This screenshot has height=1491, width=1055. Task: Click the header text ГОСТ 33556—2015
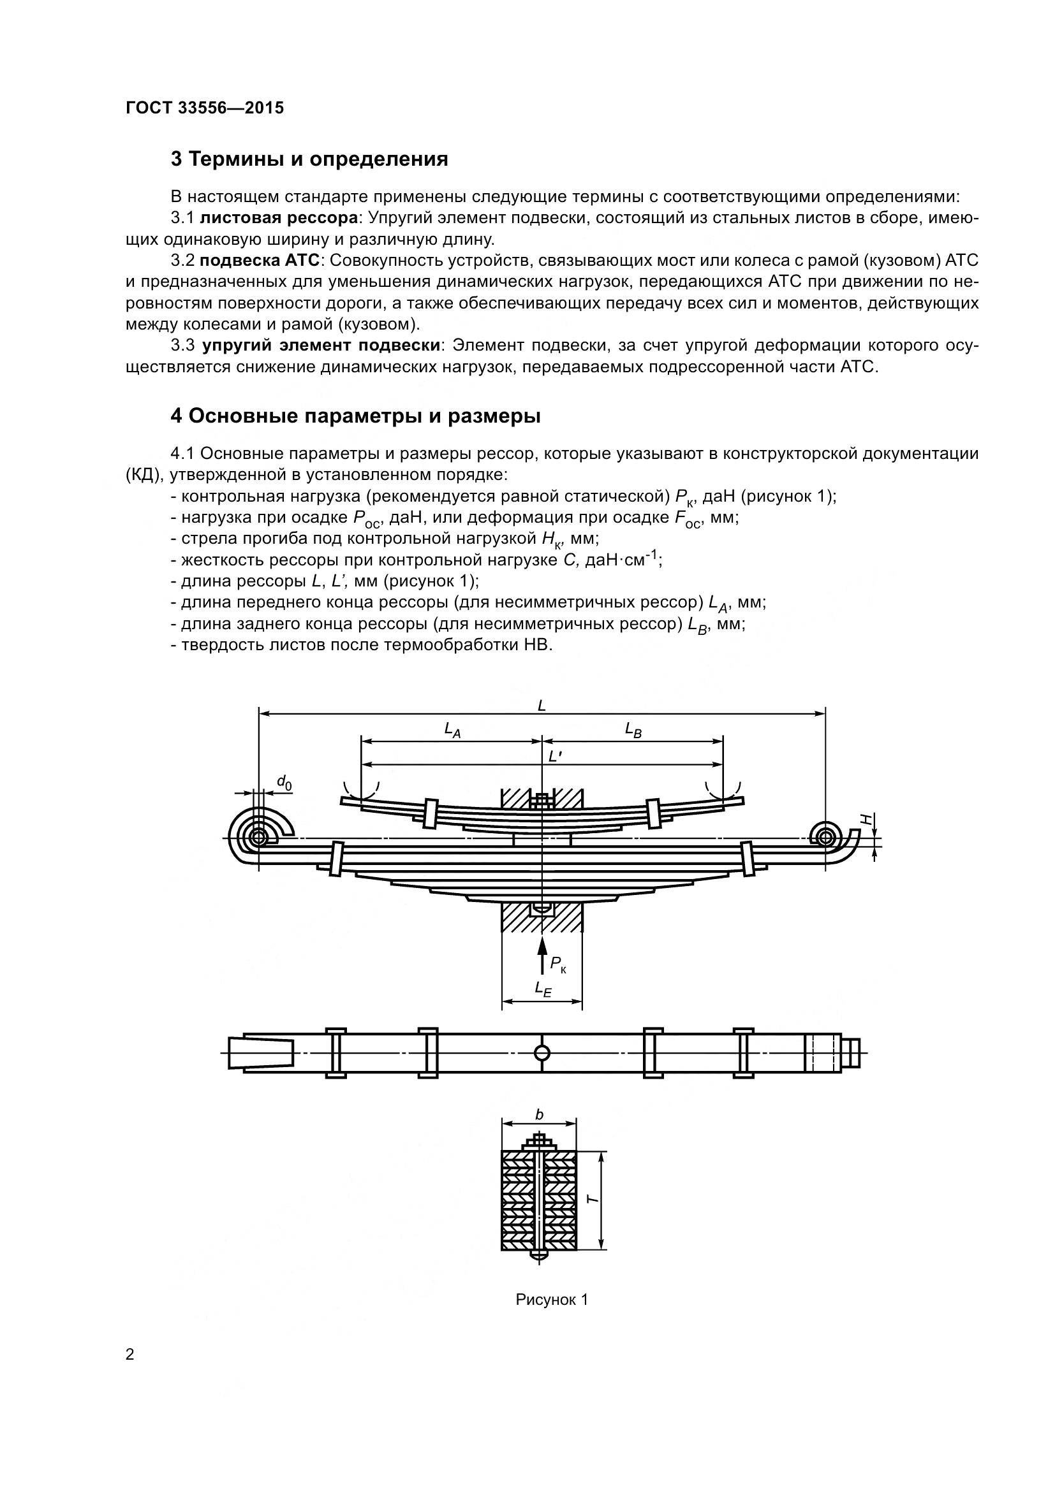pos(205,108)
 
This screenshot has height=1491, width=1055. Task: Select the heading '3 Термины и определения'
pos(309,159)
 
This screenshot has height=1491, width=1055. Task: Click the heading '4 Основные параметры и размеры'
pos(355,416)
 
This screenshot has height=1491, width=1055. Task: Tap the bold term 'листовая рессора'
pos(279,218)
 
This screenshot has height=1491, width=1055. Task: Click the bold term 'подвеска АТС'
pos(260,261)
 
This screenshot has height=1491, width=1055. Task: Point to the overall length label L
pos(542,705)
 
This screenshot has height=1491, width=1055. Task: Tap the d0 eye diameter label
pos(284,783)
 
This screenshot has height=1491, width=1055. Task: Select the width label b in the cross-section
pos(539,1115)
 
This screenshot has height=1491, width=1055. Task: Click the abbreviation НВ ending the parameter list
pos(537,646)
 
